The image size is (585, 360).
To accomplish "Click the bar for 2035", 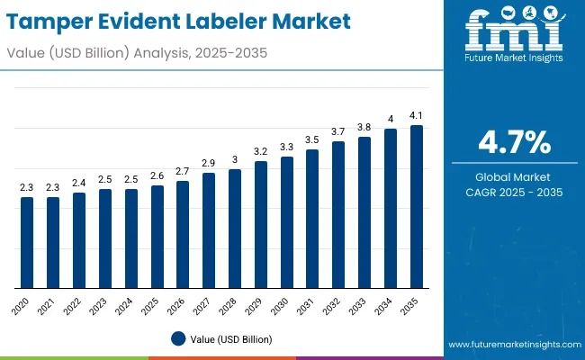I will [417, 206].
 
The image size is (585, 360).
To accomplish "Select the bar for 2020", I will [27, 242].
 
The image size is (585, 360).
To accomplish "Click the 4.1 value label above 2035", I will [417, 115].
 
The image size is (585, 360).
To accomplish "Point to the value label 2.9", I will [209, 163].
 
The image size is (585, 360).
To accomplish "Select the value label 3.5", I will [312, 139].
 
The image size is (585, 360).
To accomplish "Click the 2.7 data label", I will [183, 171].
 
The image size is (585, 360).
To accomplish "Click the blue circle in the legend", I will [178, 339].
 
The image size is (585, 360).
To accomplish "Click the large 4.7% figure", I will [512, 142].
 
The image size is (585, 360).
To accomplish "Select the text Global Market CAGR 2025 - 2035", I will [512, 184].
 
